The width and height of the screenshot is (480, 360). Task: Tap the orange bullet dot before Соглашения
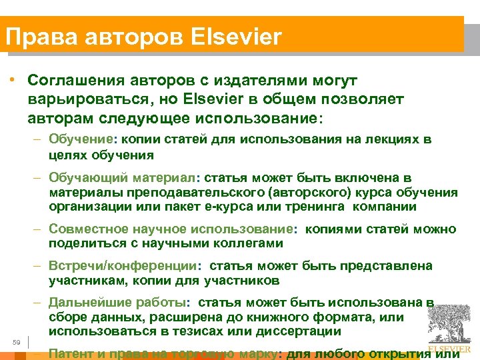coord(13,80)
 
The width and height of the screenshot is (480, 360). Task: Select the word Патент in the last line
coord(73,353)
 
